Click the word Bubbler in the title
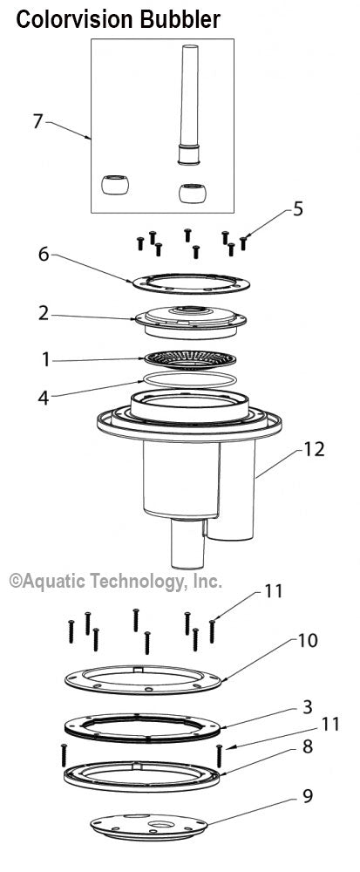click(x=180, y=20)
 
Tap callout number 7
click(x=37, y=121)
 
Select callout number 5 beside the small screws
click(x=298, y=209)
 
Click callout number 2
click(x=44, y=314)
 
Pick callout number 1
click(x=45, y=360)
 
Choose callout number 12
click(x=313, y=449)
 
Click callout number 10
click(x=308, y=641)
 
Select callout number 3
click(x=308, y=707)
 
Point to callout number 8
click(x=308, y=746)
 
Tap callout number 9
click(x=308, y=796)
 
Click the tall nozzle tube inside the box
click(x=189, y=105)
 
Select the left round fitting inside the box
click(x=115, y=185)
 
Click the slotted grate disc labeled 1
click(x=190, y=359)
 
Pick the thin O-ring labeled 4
click(x=190, y=380)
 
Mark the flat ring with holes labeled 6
click(x=191, y=283)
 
